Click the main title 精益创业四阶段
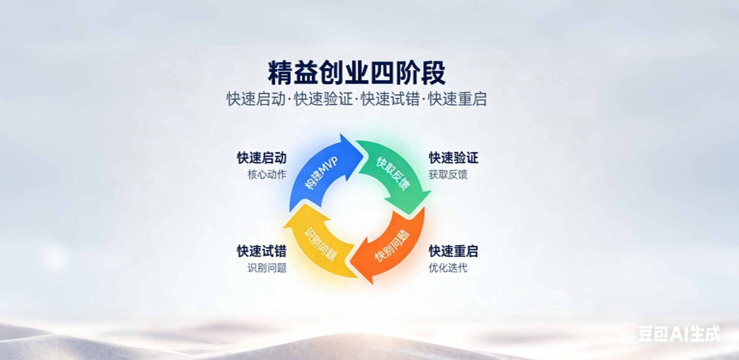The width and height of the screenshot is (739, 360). pos(356,73)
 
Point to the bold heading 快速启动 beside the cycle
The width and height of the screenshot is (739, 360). pos(261,158)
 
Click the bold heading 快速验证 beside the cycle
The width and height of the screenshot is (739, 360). pos(453,158)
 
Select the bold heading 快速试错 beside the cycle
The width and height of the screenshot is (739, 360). pos(261,251)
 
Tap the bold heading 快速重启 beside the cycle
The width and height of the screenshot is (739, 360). pos(453,251)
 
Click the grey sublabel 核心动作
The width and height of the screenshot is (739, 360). pos(267,174)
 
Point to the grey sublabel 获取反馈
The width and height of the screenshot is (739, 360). pos(448,174)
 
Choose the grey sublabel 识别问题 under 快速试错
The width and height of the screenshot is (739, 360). pos(267,268)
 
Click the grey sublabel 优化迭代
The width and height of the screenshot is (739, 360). pos(448,268)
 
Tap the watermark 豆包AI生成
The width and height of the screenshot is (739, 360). pos(679,334)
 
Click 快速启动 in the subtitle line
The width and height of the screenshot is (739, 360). pos(256,99)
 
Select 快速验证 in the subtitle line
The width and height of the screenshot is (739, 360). pos(323,99)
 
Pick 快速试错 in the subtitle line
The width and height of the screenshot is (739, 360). pos(390,99)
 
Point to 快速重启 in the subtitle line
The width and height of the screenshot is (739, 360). pos(457,99)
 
